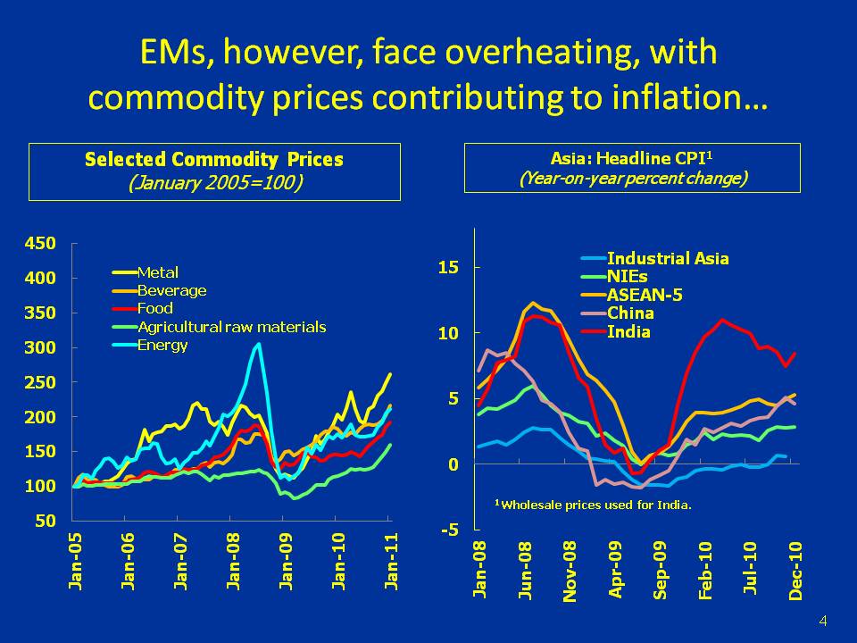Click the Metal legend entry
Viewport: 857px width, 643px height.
157,272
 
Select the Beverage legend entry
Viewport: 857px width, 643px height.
171,290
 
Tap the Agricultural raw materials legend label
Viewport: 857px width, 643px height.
231,327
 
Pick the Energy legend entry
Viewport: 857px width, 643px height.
162,345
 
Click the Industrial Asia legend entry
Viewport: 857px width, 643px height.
667,259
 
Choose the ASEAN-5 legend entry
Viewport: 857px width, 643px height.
645,296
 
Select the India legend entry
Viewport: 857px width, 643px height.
628,332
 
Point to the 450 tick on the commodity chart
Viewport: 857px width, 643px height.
45,243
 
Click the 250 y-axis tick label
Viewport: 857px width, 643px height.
45,382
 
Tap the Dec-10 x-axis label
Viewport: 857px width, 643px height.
796,569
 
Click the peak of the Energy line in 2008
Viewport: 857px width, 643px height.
259,344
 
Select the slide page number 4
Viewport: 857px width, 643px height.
822,621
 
